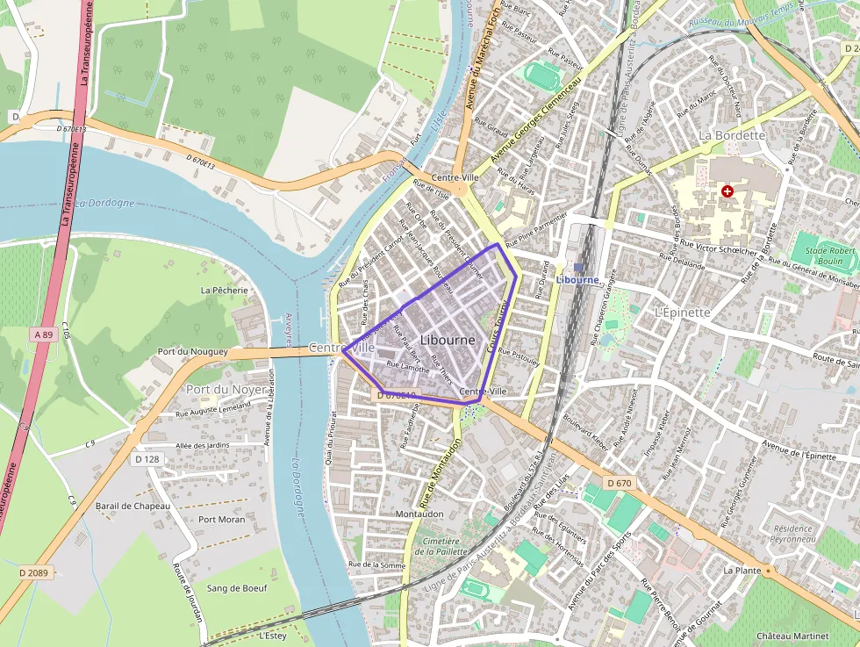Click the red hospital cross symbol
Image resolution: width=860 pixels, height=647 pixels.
tap(727, 191)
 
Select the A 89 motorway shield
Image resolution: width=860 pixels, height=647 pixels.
tap(43, 334)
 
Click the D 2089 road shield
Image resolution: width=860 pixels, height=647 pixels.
tap(34, 572)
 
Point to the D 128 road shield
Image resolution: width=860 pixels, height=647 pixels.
tap(147, 459)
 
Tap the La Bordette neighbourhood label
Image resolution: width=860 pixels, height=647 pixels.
tap(732, 136)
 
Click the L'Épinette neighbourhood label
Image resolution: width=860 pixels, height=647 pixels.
tap(682, 313)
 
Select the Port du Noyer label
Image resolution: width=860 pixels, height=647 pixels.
tap(226, 389)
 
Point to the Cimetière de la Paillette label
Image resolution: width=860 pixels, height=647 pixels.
tap(443, 548)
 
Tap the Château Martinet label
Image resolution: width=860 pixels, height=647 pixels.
tap(792, 636)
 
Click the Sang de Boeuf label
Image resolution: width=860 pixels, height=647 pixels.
tap(236, 588)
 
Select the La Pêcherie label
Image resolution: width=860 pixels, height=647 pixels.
tap(225, 290)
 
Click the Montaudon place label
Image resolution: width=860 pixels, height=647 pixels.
tap(420, 514)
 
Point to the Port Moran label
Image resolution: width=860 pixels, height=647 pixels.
tap(221, 520)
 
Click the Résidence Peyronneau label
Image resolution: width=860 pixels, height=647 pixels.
tap(793, 534)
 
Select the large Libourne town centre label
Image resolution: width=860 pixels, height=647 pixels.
tap(448, 340)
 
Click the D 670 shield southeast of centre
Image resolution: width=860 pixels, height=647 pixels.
tap(619, 483)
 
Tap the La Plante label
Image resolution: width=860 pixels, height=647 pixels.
tap(742, 570)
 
